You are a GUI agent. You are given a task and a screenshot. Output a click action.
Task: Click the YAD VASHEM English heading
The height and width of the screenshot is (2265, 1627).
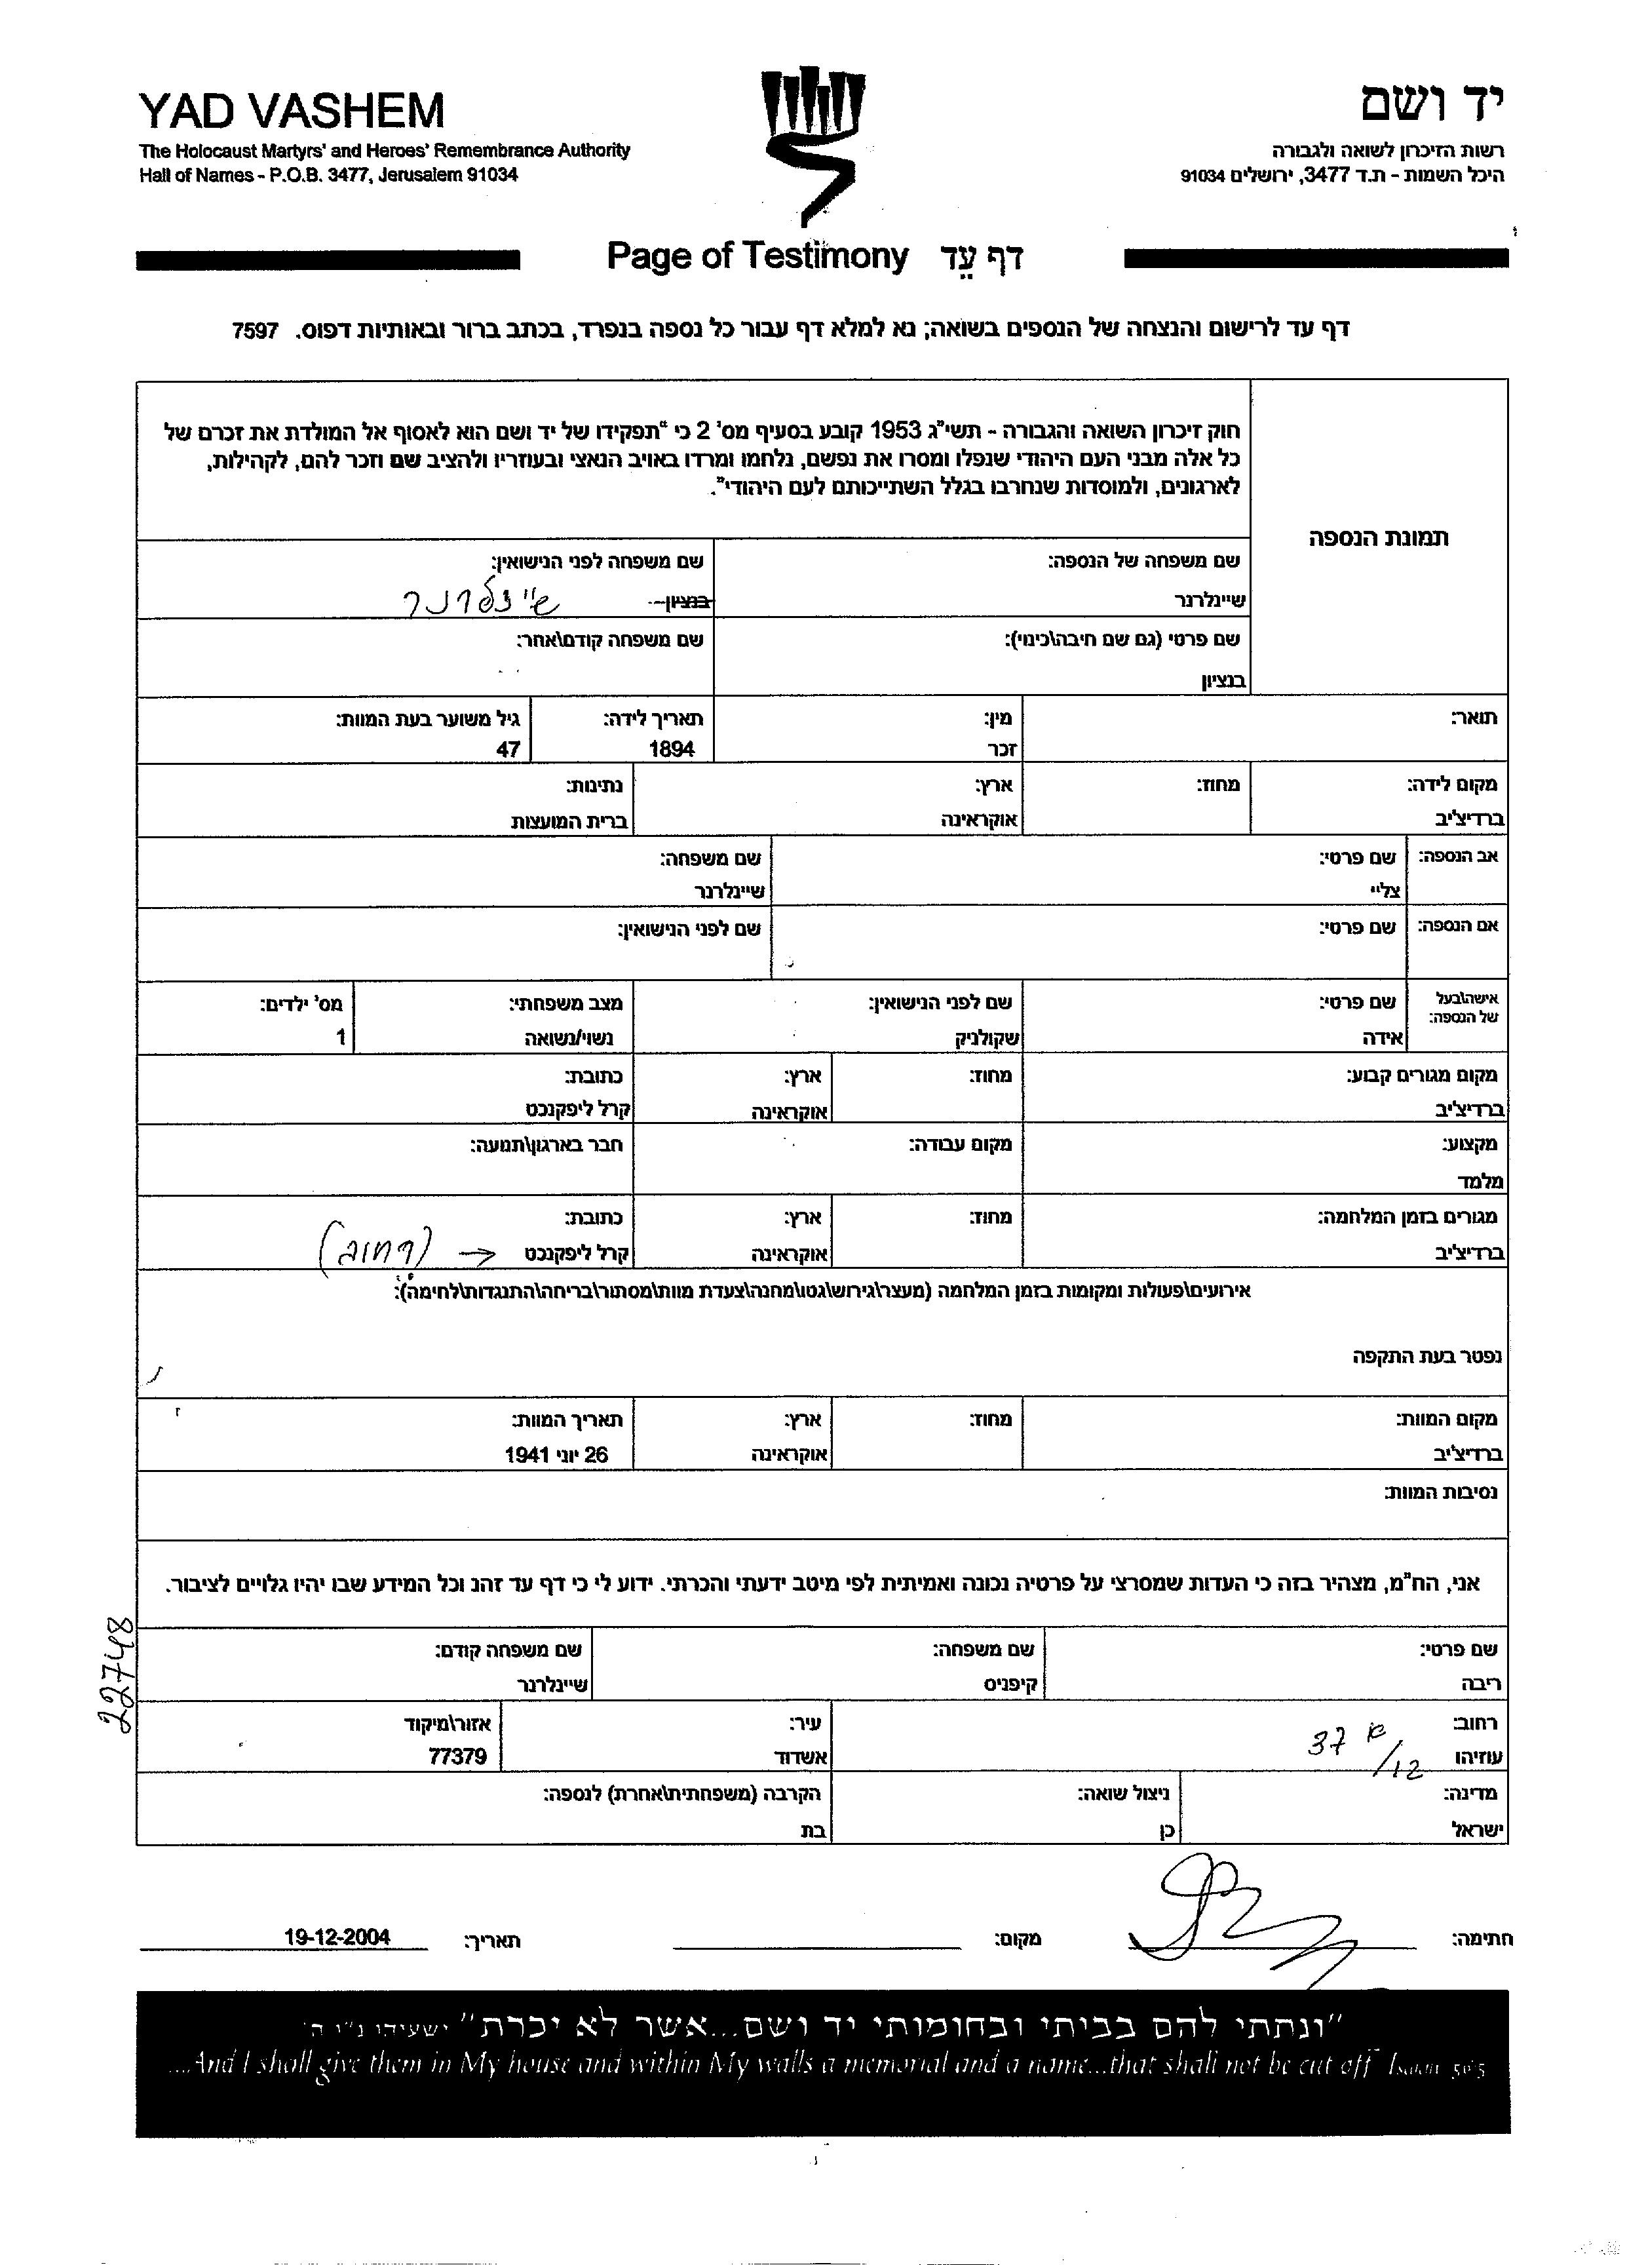click(291, 111)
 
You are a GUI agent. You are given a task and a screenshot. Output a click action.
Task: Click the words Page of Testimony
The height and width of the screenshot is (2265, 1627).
click(757, 257)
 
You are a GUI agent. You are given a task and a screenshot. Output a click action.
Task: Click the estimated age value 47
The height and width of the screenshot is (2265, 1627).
click(508, 749)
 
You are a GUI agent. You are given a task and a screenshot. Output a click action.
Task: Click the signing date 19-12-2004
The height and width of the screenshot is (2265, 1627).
click(337, 1937)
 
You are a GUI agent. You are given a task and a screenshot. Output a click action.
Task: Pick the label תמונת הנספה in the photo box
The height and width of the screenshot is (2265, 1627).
click(1378, 537)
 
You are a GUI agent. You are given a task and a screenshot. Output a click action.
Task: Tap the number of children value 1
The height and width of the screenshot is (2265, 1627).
click(341, 1037)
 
